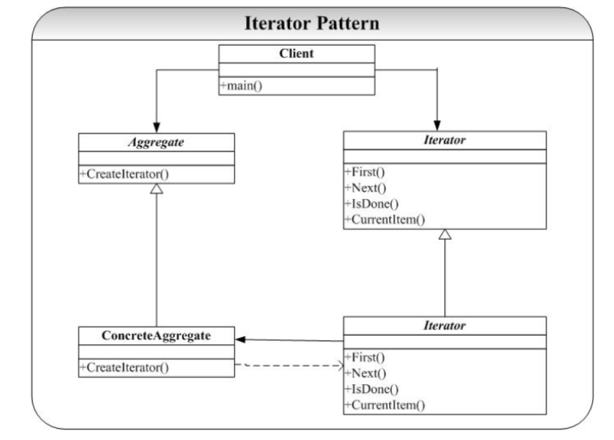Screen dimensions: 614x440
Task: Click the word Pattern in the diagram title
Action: [x=348, y=23]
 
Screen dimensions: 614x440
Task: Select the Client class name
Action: [x=296, y=53]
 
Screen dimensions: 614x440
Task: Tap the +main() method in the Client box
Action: [x=241, y=86]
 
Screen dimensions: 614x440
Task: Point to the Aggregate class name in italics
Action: [x=156, y=142]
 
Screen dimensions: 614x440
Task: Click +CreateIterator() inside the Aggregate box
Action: [x=124, y=174]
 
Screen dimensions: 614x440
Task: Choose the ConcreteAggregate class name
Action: [x=156, y=335]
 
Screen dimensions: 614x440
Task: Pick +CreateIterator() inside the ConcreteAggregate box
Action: [x=124, y=367]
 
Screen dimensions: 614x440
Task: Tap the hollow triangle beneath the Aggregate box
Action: [x=157, y=189]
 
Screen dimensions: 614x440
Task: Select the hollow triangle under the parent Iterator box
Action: [x=445, y=235]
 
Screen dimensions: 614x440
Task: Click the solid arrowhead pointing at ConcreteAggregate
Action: [x=240, y=339]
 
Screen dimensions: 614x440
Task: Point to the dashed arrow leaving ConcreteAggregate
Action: [x=289, y=365]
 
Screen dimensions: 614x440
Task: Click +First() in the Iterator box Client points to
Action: [x=365, y=172]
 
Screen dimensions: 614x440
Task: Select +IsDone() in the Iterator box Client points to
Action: [x=371, y=203]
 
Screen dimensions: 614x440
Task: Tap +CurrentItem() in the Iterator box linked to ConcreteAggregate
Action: [x=385, y=405]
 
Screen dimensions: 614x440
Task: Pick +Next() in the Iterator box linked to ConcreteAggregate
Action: [x=365, y=374]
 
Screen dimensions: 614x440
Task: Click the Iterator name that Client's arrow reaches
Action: [x=445, y=140]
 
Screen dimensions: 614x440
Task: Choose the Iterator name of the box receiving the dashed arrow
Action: [x=445, y=325]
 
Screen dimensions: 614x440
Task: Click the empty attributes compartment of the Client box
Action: [x=296, y=70]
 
